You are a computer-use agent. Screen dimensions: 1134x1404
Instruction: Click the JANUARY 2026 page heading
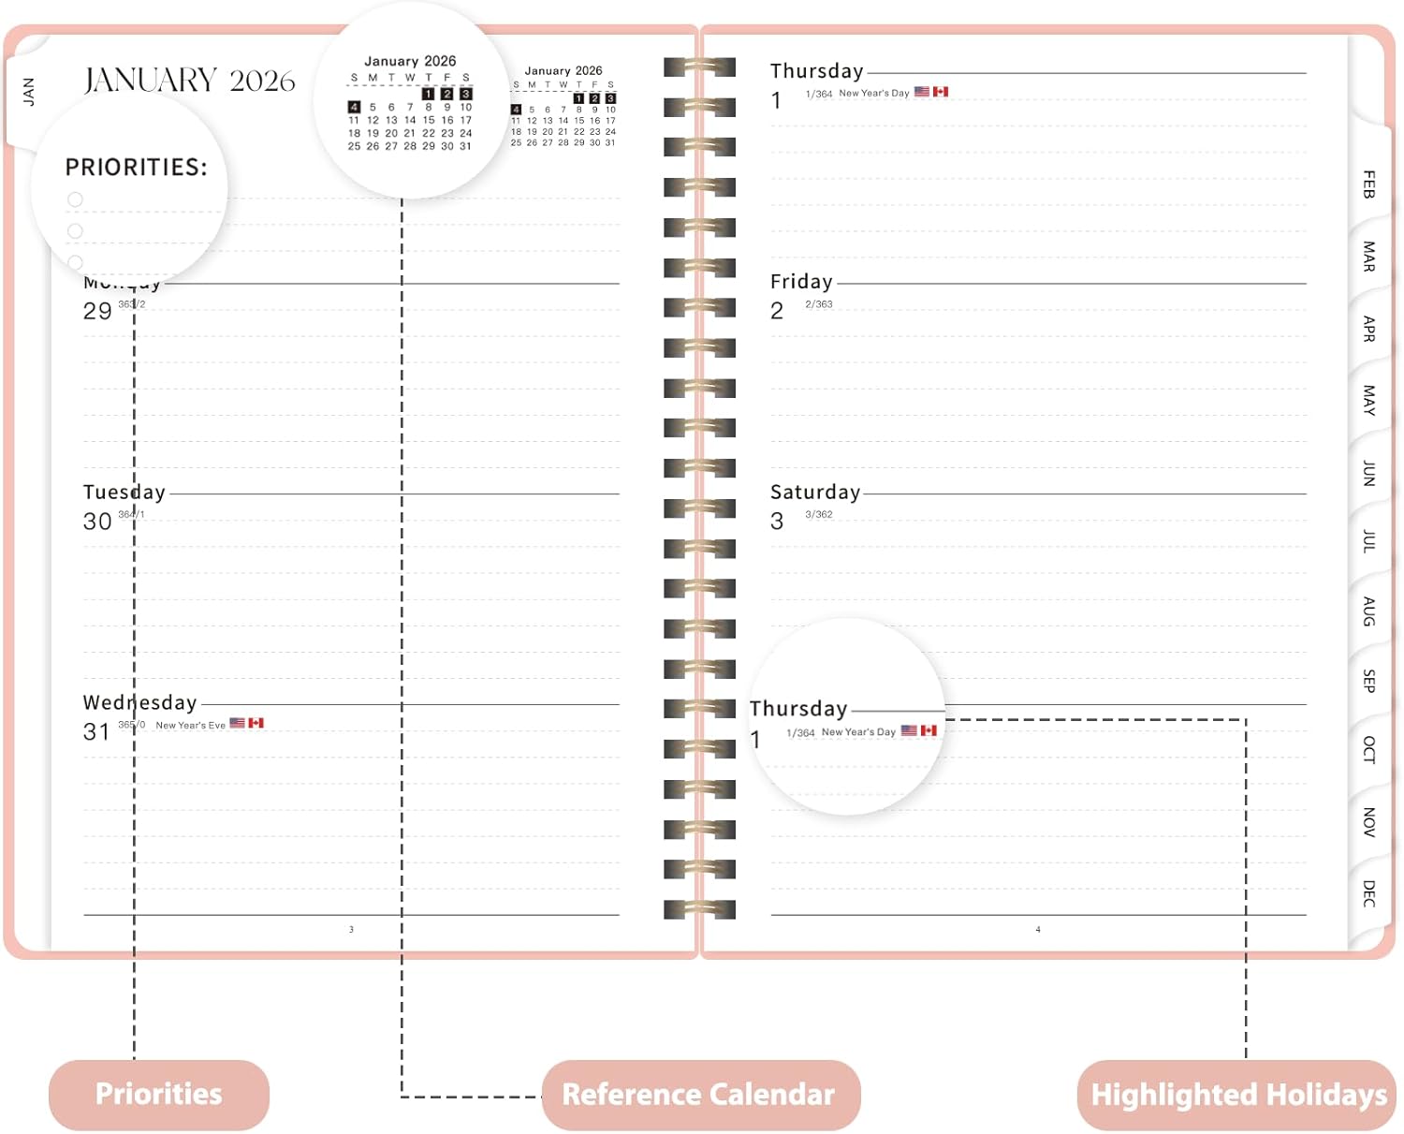pos(189,81)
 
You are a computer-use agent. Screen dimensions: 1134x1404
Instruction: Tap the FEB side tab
pos(1368,184)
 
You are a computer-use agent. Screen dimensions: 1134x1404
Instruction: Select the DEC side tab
pos(1368,893)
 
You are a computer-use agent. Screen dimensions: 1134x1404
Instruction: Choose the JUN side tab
pos(1368,473)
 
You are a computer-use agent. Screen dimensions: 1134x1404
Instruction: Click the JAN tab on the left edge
pos(28,91)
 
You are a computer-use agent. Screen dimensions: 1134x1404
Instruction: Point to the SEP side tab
pos(1368,681)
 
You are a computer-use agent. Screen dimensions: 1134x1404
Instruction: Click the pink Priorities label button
pos(159,1094)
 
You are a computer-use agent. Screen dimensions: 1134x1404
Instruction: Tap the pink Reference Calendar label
pos(698,1095)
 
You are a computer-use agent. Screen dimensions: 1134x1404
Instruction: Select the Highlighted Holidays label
pos(1238,1095)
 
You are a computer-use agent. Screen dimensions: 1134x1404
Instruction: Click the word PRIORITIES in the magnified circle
pos(136,168)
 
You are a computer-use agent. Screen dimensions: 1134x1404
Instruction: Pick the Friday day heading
pos(801,282)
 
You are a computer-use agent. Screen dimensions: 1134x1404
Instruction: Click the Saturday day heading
pos(815,493)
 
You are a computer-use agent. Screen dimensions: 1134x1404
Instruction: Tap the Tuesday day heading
pos(124,493)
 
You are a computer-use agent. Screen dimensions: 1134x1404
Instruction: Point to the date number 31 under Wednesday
pos(96,732)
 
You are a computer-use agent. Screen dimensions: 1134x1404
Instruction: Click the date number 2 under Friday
pos(777,311)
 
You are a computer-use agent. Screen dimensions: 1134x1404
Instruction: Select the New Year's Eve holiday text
pos(190,726)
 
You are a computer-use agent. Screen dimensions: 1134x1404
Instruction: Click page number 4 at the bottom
pos(1038,930)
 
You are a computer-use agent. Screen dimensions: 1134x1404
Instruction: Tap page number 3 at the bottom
pos(351,930)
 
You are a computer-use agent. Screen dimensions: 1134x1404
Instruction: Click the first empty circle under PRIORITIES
pos(76,199)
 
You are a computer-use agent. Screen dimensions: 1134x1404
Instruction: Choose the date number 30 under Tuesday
pos(97,522)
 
